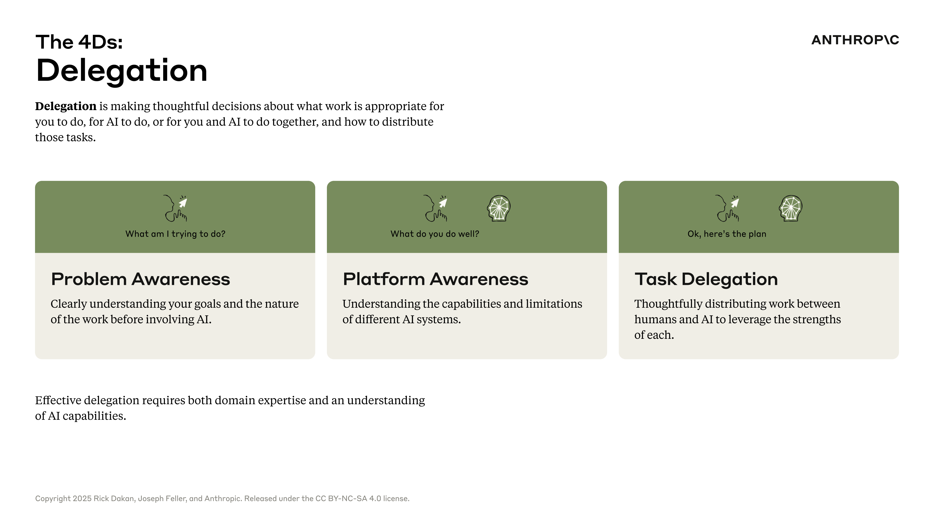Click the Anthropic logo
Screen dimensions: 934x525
coord(855,40)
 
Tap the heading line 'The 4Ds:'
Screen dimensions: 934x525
coord(79,42)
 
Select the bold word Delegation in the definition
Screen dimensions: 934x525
coord(66,106)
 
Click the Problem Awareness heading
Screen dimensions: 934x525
coord(141,279)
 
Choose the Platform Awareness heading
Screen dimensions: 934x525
coord(435,279)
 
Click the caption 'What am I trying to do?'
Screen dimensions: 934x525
coord(175,234)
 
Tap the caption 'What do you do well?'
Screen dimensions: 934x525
coord(435,234)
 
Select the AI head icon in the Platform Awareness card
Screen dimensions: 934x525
coord(499,208)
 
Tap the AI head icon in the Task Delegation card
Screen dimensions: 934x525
coord(790,208)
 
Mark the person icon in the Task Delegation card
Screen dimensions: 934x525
coord(727,208)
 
